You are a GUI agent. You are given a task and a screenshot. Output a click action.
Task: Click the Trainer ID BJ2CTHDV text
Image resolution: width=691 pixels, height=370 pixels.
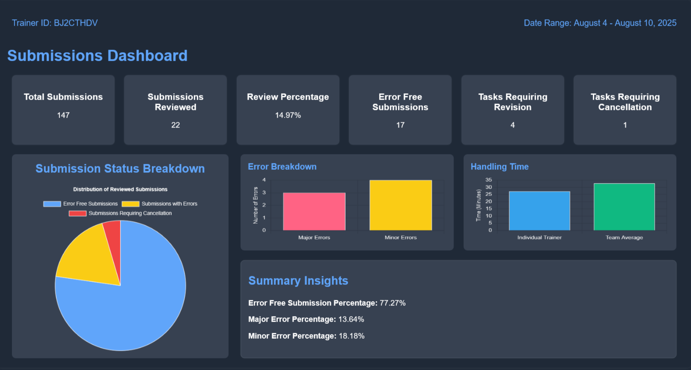[55, 23]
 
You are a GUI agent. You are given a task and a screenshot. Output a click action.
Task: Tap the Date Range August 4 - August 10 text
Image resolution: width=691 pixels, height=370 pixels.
[600, 23]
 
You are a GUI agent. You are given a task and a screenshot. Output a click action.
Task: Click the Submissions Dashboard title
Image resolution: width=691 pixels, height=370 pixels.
[98, 56]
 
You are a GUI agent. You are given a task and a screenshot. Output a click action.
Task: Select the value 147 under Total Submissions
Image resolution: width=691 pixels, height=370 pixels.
[63, 115]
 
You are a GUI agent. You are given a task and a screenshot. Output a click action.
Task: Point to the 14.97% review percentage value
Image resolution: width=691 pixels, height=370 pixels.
[288, 115]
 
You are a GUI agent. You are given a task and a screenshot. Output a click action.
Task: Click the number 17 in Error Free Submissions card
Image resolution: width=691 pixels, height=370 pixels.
[400, 125]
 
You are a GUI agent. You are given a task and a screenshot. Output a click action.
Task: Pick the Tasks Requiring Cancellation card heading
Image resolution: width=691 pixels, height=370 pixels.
[625, 102]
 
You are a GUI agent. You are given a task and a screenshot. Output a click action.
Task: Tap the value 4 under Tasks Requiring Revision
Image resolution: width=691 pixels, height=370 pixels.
[512, 125]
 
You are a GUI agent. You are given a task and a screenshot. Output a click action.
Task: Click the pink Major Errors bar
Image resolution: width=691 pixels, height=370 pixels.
[314, 212]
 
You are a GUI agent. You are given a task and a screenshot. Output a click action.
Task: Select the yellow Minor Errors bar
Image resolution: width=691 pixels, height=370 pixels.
[401, 205]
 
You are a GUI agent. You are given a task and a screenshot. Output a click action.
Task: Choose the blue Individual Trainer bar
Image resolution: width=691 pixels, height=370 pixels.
[539, 211]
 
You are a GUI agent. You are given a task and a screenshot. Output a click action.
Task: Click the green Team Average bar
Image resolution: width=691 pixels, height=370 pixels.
[624, 207]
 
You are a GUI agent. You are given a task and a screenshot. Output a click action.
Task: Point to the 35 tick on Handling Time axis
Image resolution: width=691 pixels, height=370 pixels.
[488, 180]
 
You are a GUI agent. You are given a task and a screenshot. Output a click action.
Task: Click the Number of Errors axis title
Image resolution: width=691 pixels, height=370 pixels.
[256, 205]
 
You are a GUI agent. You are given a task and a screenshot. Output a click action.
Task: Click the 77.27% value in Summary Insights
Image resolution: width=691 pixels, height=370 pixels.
[393, 303]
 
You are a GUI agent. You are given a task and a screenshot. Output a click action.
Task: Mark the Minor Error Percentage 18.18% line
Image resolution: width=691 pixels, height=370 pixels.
[306, 336]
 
